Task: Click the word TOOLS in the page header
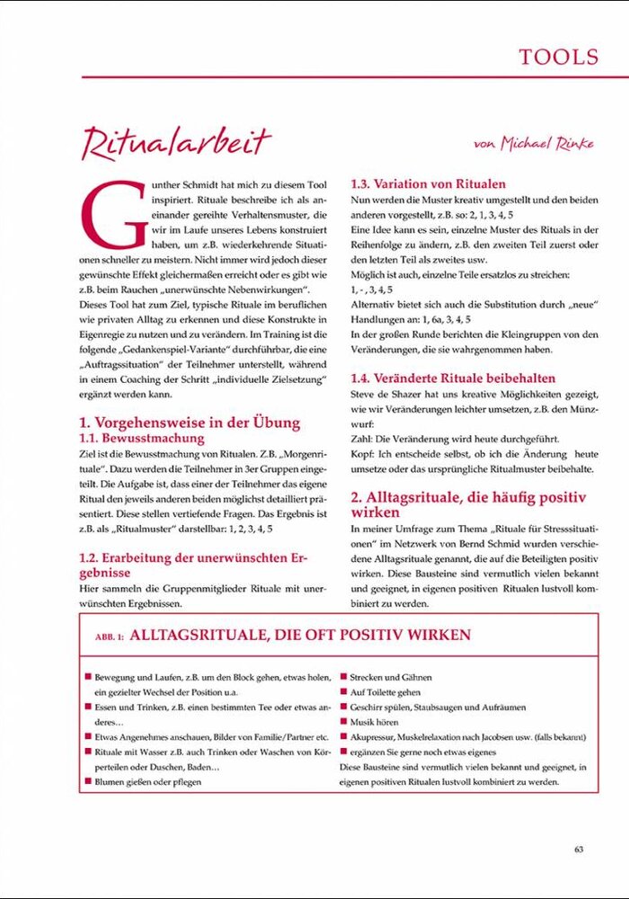pyautogui.click(x=558, y=57)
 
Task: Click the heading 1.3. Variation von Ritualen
pyautogui.click(x=428, y=184)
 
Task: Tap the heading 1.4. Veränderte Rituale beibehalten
pyautogui.click(x=453, y=378)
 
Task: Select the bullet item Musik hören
pyautogui.click(x=374, y=722)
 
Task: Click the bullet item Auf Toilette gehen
pyautogui.click(x=385, y=692)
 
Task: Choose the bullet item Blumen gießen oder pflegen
pyautogui.click(x=148, y=781)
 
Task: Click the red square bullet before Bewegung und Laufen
pyautogui.click(x=87, y=677)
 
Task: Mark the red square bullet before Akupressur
pyautogui.click(x=343, y=737)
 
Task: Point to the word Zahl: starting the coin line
pyautogui.click(x=361, y=439)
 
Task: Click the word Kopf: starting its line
pyautogui.click(x=362, y=454)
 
